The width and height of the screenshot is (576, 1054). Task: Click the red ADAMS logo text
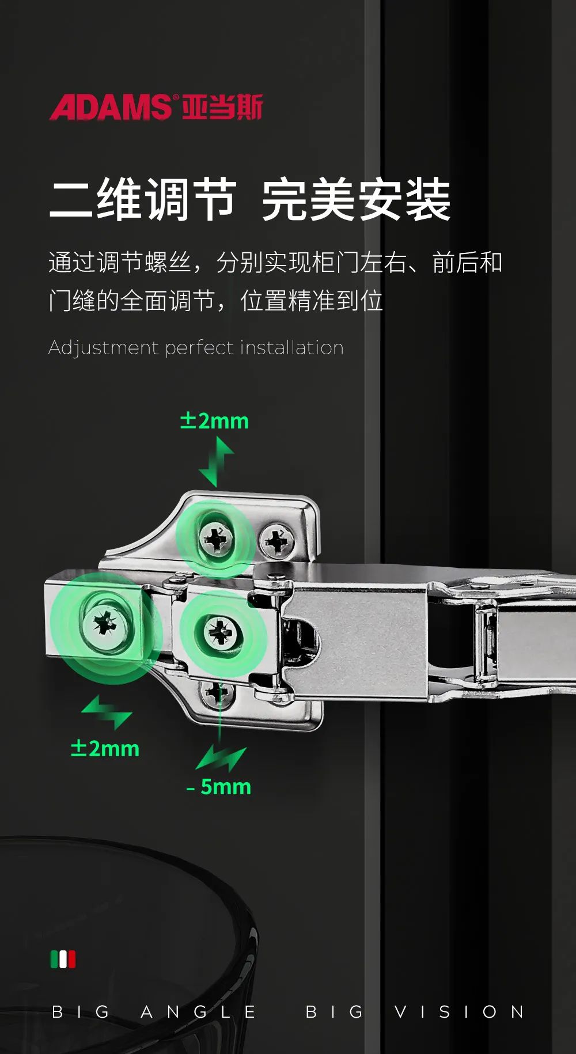pyautogui.click(x=110, y=107)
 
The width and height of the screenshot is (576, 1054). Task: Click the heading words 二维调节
pyautogui.click(x=143, y=199)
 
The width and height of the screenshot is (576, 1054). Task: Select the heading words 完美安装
pyautogui.click(x=356, y=199)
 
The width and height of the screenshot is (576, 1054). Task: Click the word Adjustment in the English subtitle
pyautogui.click(x=104, y=348)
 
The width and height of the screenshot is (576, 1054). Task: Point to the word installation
pyautogui.click(x=291, y=347)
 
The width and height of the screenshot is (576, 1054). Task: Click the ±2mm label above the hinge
pyautogui.click(x=214, y=421)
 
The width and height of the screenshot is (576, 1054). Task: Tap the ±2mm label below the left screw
pyautogui.click(x=105, y=749)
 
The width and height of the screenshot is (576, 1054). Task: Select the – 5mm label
pyautogui.click(x=219, y=787)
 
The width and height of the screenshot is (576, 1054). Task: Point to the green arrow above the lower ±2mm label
pyautogui.click(x=107, y=712)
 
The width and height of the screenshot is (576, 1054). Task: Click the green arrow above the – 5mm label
pyautogui.click(x=221, y=759)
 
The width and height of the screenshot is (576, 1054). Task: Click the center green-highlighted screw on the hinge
pyautogui.click(x=219, y=632)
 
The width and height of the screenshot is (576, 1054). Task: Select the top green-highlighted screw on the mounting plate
pyautogui.click(x=216, y=539)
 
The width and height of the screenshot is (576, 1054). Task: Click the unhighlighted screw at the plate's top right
pyautogui.click(x=276, y=541)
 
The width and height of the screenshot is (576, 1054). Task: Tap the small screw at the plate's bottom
pyautogui.click(x=217, y=692)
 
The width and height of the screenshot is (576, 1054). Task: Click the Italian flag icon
pyautogui.click(x=63, y=960)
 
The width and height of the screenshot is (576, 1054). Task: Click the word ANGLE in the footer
pyautogui.click(x=199, y=1012)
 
